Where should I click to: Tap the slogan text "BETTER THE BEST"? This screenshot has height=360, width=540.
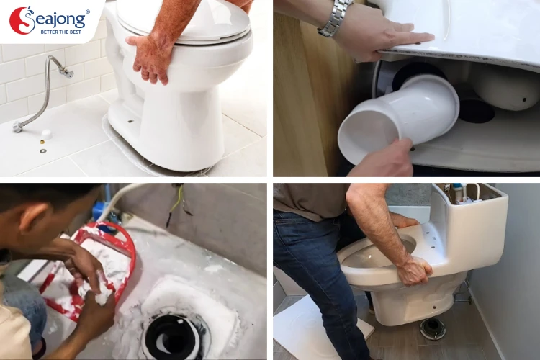(61, 32)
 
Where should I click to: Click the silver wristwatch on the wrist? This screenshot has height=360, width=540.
(333, 18)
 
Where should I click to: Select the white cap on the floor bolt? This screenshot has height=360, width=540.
(46, 135)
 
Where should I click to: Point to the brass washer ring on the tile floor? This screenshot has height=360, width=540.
(43, 150)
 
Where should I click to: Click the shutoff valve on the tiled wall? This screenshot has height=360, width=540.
(66, 72)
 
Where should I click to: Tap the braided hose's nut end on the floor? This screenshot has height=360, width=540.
(17, 126)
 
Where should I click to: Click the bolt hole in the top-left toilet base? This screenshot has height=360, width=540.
(130, 121)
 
